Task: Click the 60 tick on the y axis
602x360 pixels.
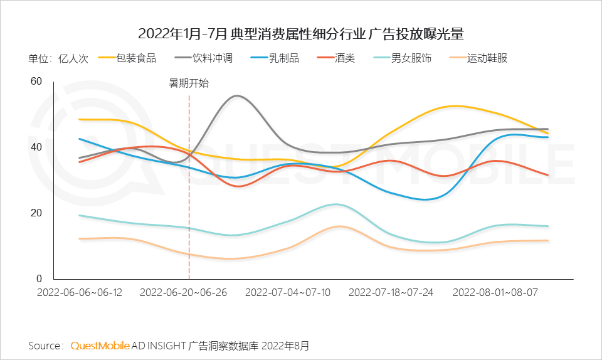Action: [x=36, y=81]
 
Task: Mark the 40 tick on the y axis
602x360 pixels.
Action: [x=36, y=147]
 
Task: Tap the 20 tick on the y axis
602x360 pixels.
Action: [x=36, y=213]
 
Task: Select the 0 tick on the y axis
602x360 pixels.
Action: [x=38, y=278]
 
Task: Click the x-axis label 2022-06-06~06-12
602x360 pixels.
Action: [x=80, y=292]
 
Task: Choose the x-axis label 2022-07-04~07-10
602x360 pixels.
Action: [x=287, y=292]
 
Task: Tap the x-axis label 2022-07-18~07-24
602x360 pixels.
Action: [x=391, y=292]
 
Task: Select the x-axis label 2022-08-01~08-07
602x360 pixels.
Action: [x=495, y=292]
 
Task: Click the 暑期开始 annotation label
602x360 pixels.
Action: [x=189, y=83]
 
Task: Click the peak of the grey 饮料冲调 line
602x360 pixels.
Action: [x=236, y=95]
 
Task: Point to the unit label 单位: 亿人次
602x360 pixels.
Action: [x=58, y=58]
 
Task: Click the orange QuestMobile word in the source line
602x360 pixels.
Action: [x=100, y=346]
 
